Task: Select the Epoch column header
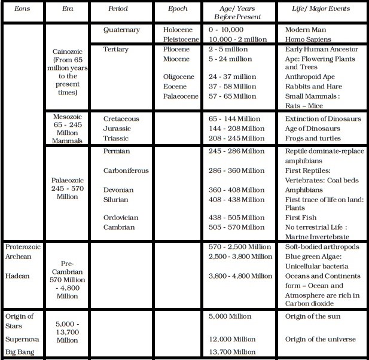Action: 178,9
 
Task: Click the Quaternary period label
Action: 121,30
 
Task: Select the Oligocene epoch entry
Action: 181,77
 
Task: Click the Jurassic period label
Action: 118,128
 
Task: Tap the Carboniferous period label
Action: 126,170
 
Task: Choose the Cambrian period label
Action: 119,227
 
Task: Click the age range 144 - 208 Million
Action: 236,128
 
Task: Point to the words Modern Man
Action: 306,30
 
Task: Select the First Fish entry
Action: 301,218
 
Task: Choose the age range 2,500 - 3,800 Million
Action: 240,257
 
